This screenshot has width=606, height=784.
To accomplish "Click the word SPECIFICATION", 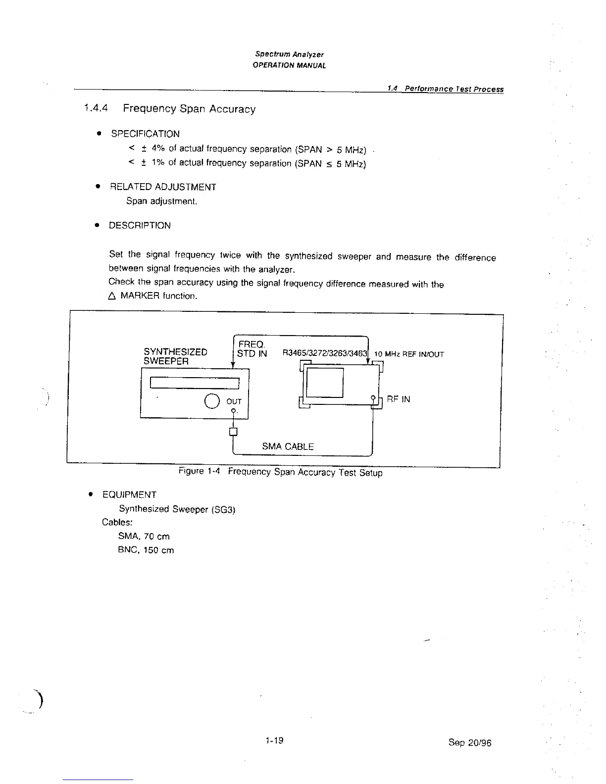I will tap(145, 134).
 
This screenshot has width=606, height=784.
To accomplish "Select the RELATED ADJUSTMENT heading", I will tap(163, 187).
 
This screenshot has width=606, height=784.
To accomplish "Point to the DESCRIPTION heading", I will tap(140, 225).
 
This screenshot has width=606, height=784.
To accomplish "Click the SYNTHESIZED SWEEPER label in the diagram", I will tap(175, 356).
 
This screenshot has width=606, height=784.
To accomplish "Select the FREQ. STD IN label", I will tap(252, 348).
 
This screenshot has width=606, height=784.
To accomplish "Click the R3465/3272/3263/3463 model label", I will tap(324, 353).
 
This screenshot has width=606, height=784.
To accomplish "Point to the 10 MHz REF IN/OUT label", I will tap(409, 354).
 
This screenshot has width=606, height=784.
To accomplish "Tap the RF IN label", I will tap(398, 399).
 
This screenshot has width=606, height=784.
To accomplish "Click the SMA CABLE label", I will tap(288, 446).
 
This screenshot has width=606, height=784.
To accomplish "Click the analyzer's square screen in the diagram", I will tap(325, 382).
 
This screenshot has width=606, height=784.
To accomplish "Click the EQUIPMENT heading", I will tap(129, 494).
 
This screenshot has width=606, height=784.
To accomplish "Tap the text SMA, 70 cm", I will tap(144, 536).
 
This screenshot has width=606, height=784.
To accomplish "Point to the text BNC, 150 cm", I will tap(146, 550).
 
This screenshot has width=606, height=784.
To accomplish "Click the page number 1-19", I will tap(274, 740).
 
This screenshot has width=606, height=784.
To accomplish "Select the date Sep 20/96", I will tap(469, 742).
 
